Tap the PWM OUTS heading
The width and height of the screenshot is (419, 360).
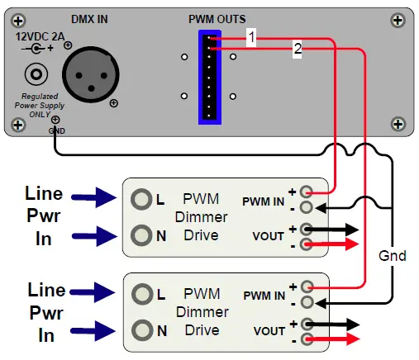click(217, 18)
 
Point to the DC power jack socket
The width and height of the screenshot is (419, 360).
click(36, 75)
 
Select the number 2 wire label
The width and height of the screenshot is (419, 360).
click(297, 50)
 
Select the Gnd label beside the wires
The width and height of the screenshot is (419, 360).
click(392, 255)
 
